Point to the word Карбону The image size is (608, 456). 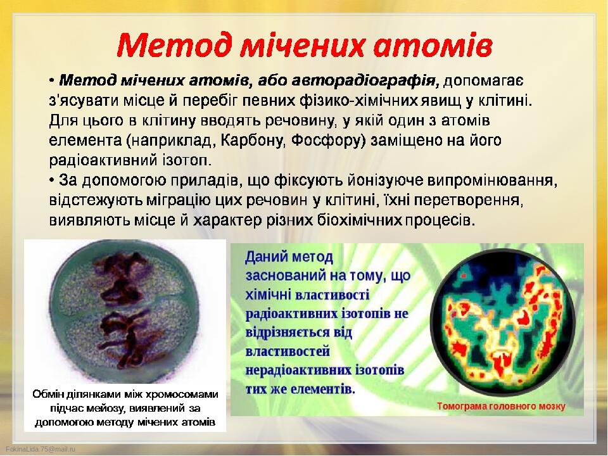pos(253,141)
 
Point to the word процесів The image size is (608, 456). pos(440,220)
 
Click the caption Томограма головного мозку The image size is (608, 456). pos(500,406)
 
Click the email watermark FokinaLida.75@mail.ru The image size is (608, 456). pos(41,449)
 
